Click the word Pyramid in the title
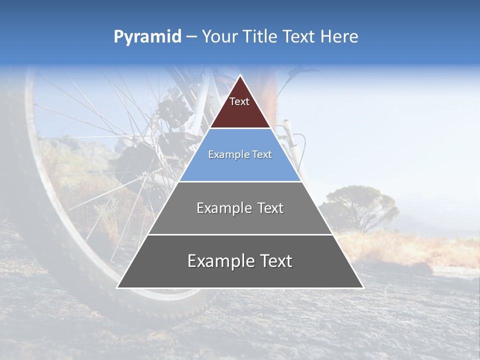(147, 37)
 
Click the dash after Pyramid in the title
(191, 37)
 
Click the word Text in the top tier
(239, 101)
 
